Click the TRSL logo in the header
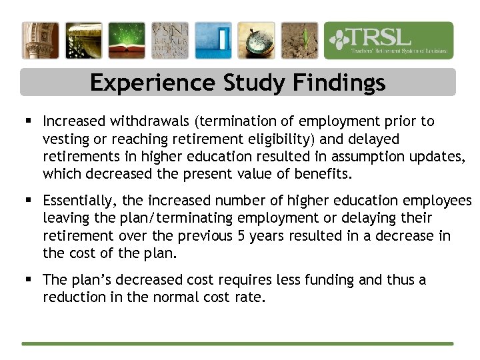click(389, 41)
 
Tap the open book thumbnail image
click(127, 41)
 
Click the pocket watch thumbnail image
click(256, 41)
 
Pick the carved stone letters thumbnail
click(169, 41)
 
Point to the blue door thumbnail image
click(213, 41)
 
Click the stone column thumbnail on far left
click(40, 41)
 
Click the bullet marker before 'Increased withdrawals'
click(28, 121)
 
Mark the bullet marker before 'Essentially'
click(28, 201)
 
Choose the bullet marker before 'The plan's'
click(28, 280)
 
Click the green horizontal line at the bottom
click(237, 344)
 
